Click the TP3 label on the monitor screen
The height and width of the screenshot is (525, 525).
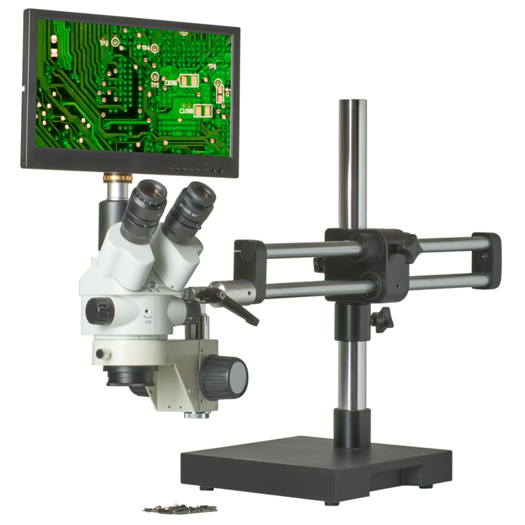click(104, 44)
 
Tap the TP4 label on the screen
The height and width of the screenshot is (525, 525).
click(145, 48)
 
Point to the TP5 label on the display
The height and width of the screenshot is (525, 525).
click(154, 84)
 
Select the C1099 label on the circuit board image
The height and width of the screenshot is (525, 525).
click(170, 82)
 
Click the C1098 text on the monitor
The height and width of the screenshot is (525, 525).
click(186, 111)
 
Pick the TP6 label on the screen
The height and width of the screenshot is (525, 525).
click(212, 67)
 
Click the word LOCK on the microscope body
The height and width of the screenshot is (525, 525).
click(148, 321)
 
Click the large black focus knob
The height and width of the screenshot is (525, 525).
click(225, 376)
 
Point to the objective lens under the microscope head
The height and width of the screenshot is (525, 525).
click(129, 377)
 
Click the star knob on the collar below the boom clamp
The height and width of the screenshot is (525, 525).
click(382, 320)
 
